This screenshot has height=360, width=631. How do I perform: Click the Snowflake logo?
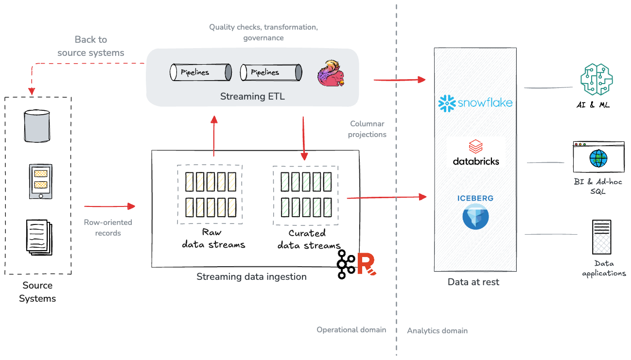[475, 103]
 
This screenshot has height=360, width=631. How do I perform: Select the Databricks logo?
[476, 153]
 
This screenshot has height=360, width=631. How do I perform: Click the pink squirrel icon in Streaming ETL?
[331, 73]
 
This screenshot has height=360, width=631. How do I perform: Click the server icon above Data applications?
[601, 237]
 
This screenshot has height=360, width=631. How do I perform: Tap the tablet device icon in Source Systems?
[40, 181]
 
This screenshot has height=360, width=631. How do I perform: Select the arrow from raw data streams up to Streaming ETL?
[213, 136]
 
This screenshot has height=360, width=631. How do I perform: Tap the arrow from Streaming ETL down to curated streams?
[304, 138]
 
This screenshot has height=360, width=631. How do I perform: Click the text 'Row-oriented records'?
[108, 227]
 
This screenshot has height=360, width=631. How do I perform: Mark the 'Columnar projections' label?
[368, 129]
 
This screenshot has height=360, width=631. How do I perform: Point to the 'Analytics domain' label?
[437, 331]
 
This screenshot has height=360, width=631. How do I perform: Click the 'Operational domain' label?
[351, 330]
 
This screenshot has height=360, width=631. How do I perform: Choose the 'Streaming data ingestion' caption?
[251, 277]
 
